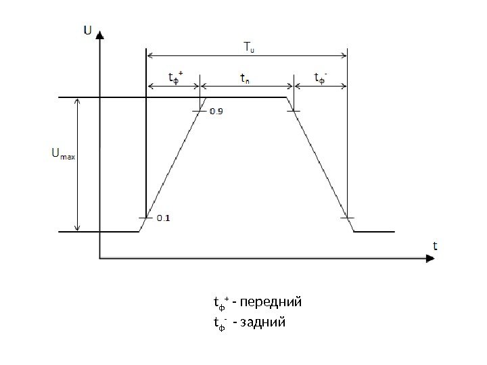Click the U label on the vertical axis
[88, 30]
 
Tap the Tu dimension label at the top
[248, 47]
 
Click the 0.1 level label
[164, 218]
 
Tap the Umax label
[64, 155]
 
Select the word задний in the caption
[263, 322]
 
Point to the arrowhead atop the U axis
[100, 34]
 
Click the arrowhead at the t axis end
[428, 258]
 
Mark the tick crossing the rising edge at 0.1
[146, 218]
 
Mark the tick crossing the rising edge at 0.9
[201, 111]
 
